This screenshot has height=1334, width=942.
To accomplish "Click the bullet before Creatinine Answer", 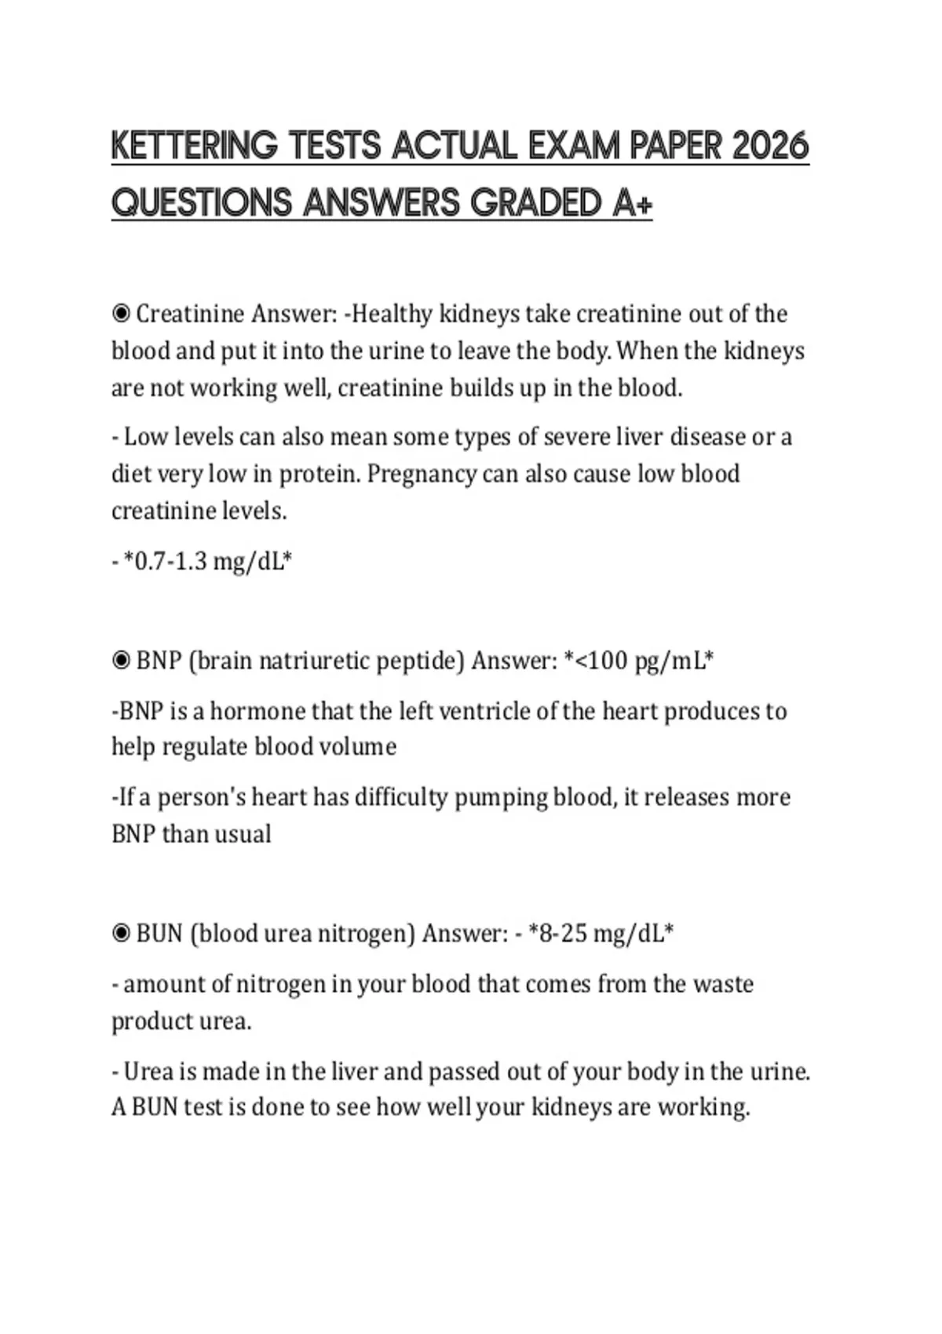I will [x=121, y=314].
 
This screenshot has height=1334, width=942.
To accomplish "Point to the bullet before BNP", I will [x=121, y=661].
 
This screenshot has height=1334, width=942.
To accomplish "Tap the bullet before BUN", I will [x=121, y=934].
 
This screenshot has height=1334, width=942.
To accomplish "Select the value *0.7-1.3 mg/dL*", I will [x=208, y=562].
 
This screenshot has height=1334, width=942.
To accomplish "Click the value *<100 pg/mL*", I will [x=638, y=661].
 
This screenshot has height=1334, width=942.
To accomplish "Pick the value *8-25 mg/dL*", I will [x=601, y=934].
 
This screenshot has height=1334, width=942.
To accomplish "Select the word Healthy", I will [x=392, y=314].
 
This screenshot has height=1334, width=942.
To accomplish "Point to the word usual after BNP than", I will [x=243, y=834].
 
